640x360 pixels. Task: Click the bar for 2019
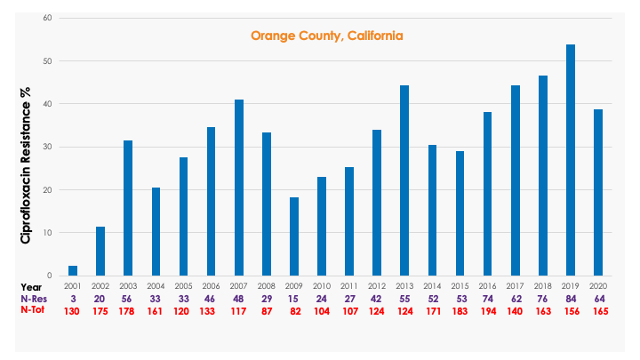(x=570, y=160)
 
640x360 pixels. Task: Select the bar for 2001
(x=73, y=270)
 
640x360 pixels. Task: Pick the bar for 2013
(x=404, y=180)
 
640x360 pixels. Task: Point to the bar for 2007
(x=239, y=188)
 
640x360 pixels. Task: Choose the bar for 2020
(x=598, y=192)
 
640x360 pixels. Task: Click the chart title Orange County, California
(x=327, y=36)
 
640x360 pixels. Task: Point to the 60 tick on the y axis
(x=47, y=18)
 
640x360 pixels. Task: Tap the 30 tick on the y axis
(x=47, y=147)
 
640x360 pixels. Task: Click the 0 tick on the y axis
(x=50, y=276)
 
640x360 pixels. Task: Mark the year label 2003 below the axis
(x=128, y=286)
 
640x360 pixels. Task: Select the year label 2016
(x=487, y=286)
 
